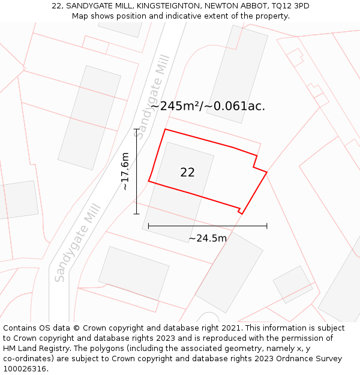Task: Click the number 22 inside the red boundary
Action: (x=187, y=172)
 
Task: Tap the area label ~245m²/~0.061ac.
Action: (x=208, y=106)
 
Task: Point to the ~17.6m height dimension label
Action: (x=125, y=171)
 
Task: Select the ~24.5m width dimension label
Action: (x=208, y=238)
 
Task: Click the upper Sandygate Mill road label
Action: (x=152, y=91)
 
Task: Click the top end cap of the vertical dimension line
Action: (x=136, y=129)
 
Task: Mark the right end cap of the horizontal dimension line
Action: (x=267, y=226)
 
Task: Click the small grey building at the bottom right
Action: (x=292, y=284)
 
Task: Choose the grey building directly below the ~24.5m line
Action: (x=229, y=272)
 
